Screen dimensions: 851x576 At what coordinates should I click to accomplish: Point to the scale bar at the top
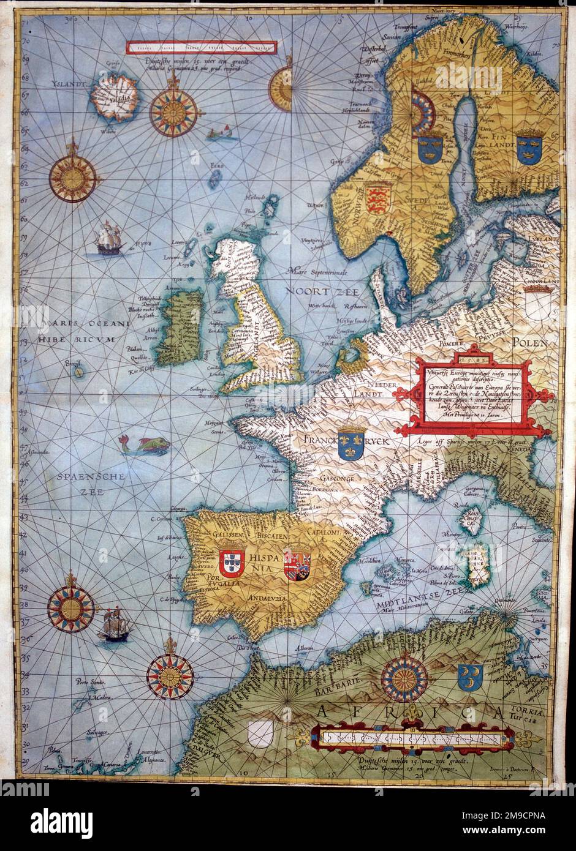point(201,47)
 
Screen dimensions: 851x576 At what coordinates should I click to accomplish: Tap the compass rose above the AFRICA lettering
point(404,678)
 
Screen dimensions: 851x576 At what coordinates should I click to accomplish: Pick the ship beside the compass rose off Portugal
point(112,624)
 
